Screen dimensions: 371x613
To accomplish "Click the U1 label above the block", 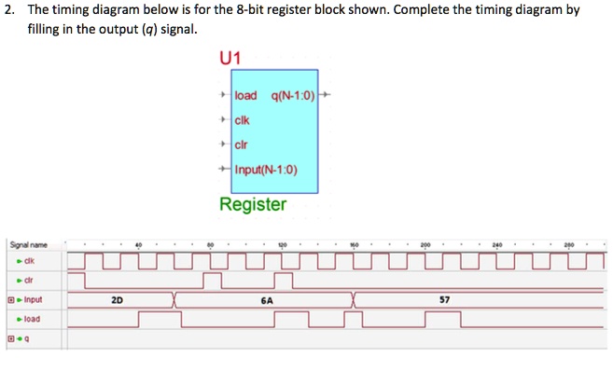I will [230, 57].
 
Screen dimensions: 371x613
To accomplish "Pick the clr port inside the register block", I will [242, 144].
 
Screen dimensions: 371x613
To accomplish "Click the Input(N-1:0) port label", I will [266, 169].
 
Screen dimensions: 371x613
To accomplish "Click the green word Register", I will [253, 203].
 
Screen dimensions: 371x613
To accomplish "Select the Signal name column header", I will [29, 245].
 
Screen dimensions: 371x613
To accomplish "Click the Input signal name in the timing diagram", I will [32, 299].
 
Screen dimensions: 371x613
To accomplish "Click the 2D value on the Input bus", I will [117, 300].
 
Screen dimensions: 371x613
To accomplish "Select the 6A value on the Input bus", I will [268, 300].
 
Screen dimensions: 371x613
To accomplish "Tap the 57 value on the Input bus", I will [445, 300].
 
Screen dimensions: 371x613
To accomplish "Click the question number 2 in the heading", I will [8, 9].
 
